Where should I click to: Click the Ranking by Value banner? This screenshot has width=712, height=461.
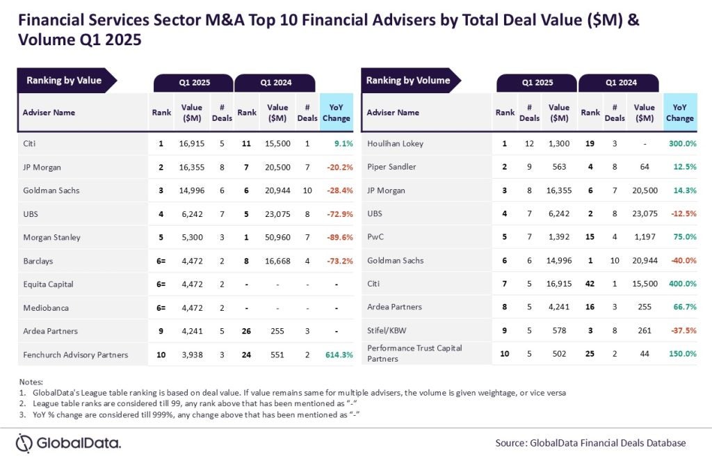coord(64,81)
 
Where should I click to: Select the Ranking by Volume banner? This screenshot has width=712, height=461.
coord(408,81)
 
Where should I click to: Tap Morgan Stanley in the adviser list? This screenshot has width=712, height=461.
coord(51,237)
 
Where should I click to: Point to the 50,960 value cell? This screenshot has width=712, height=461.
coord(277,237)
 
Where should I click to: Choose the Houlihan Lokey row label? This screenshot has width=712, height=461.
coord(395,143)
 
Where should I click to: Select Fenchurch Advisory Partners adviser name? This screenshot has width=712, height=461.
coord(75,355)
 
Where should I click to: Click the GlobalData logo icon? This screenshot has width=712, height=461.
coord(24,443)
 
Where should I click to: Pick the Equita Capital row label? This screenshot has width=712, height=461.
coord(48,284)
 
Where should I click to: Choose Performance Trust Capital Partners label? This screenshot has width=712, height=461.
coord(414,353)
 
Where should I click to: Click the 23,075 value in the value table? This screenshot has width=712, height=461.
coord(277,213)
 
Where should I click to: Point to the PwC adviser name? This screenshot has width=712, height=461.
coord(375,237)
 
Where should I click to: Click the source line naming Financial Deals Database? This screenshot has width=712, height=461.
coord(590,443)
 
